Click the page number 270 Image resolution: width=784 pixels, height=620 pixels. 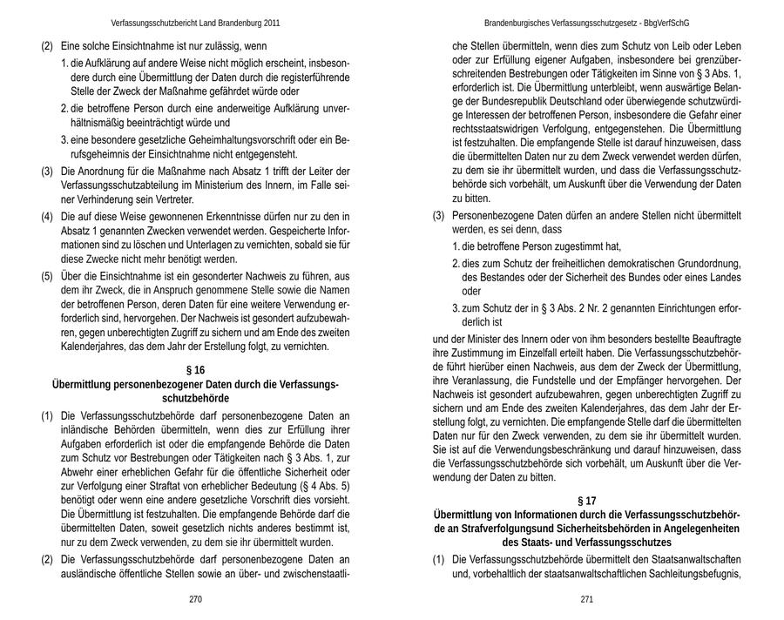[x=195, y=599]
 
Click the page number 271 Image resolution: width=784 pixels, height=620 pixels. [x=586, y=599]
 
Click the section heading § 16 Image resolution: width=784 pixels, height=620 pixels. [x=195, y=370]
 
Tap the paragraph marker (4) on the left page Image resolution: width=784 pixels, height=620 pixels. [x=48, y=215]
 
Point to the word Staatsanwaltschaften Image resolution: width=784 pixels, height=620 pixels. [x=687, y=559]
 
